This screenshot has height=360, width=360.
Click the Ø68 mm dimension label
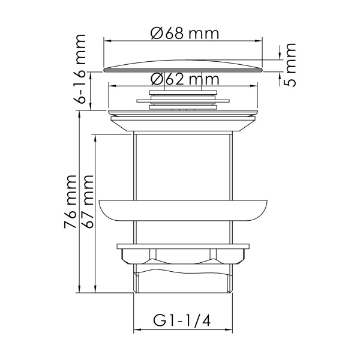[184, 33]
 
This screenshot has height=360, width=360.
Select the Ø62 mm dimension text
[183, 79]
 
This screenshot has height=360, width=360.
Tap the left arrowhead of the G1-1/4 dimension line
[136, 330]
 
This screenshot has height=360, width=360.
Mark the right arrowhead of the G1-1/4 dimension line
[229, 330]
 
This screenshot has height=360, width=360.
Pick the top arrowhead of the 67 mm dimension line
[94, 136]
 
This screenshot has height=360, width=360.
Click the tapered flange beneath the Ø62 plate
[183, 124]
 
